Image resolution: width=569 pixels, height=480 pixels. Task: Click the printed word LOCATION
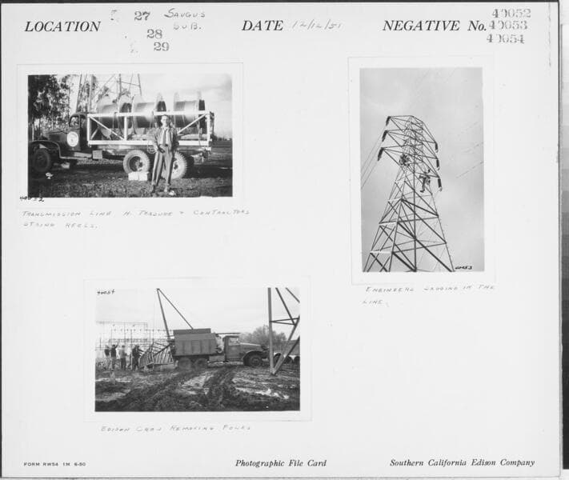(x=62, y=26)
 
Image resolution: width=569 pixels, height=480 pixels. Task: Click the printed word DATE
(x=262, y=26)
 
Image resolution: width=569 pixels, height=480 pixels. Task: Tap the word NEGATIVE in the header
(x=423, y=26)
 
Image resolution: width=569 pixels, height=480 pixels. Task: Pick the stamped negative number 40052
(x=511, y=14)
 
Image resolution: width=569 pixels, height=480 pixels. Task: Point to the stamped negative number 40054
(x=506, y=38)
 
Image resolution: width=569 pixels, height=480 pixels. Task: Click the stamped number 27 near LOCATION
(x=142, y=16)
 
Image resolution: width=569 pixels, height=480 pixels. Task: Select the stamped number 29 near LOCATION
(x=161, y=46)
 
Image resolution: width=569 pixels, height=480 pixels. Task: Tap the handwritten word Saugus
(x=185, y=14)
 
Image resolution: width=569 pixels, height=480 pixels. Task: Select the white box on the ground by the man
(x=138, y=174)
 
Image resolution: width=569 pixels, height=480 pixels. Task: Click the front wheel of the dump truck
(x=254, y=360)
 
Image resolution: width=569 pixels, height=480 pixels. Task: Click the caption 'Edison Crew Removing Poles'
(x=175, y=428)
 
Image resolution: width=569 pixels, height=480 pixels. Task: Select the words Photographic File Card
(x=280, y=463)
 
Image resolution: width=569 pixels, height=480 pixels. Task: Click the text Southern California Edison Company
(x=462, y=463)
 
